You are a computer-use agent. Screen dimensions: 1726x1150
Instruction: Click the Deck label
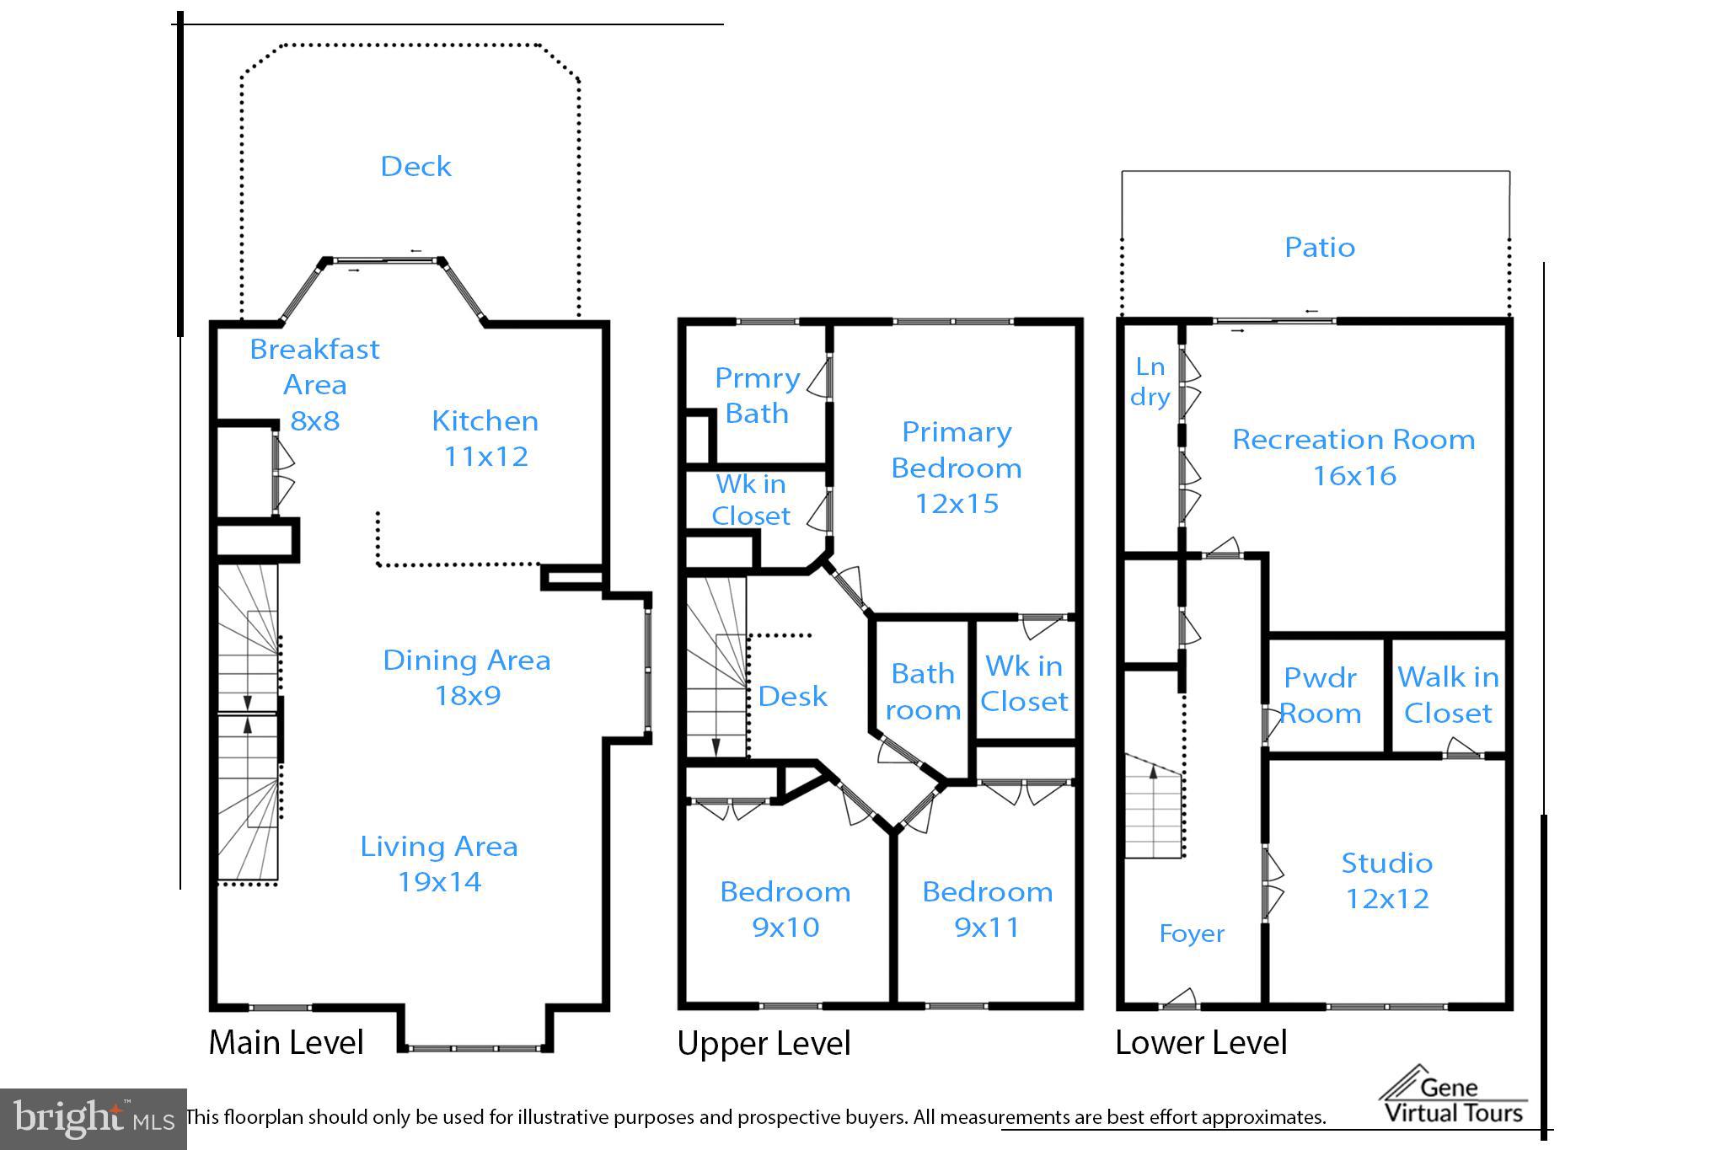tap(415, 166)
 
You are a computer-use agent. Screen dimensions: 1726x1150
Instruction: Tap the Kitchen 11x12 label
tap(485, 438)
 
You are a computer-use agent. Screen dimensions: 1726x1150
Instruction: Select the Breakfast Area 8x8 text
tap(314, 384)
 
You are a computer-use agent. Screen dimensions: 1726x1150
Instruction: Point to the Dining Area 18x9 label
tap(467, 677)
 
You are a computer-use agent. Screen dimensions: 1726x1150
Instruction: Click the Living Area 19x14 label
tap(439, 864)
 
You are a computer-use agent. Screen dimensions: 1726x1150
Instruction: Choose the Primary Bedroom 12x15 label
tap(957, 468)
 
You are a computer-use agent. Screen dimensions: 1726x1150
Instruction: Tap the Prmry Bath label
tap(757, 395)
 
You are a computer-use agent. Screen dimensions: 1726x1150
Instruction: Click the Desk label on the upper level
tap(792, 696)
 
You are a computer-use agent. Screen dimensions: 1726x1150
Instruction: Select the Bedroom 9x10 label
tap(785, 909)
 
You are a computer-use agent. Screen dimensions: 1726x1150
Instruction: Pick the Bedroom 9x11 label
tap(988, 909)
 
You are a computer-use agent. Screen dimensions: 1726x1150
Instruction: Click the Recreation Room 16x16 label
tap(1353, 457)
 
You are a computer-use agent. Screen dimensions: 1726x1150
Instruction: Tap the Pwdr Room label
tap(1320, 696)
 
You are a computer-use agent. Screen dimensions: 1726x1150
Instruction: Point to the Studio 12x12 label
tap(1387, 880)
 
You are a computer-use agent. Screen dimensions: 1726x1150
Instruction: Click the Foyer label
tap(1192, 933)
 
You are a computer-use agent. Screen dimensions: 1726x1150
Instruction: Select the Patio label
tap(1320, 247)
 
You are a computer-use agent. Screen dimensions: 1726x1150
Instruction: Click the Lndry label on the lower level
tap(1150, 382)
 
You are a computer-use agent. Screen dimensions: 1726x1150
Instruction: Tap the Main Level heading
tap(287, 1042)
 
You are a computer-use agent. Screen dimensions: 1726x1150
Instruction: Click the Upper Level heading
tap(764, 1043)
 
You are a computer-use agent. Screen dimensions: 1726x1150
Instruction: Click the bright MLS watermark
tap(94, 1119)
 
